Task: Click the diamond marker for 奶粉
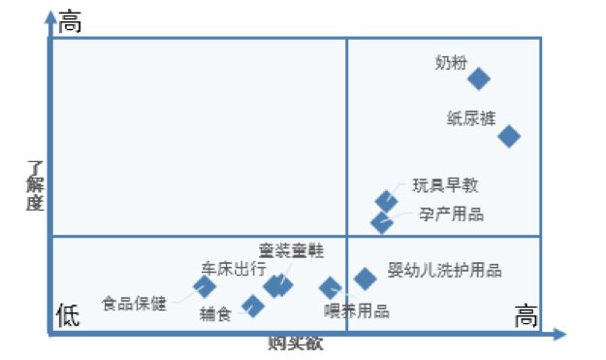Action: pos(478,79)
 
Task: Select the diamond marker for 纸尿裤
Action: pos(509,136)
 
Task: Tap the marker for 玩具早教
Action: pos(386,201)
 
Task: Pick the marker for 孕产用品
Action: pos(382,222)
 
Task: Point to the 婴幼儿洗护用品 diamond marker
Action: pos(365,278)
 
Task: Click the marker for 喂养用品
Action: pos(331,287)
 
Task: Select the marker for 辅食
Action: pos(253,307)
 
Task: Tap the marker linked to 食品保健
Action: pos(205,286)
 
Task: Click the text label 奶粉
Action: pos(451,63)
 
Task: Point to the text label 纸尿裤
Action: pos(470,118)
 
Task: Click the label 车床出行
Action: pos(233,269)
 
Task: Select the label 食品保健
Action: pos(134,304)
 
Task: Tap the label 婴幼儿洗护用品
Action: pos(444,271)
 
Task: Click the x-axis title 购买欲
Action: pos(296,343)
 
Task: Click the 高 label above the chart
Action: pos(70,21)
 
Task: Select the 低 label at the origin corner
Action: pos(67,315)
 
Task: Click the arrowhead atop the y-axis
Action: pos(49,17)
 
